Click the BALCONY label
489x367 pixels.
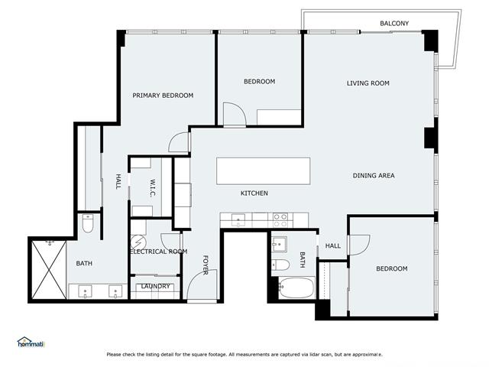394,24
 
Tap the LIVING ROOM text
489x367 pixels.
368,83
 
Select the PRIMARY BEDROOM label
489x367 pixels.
163,96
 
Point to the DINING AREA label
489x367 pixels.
374,176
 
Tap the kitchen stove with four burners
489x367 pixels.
280,220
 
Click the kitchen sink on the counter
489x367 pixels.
239,221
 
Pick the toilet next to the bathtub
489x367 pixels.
280,265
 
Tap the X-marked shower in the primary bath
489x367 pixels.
48,268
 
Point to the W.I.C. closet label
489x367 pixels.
153,187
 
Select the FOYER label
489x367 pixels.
206,265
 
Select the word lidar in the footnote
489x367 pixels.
317,355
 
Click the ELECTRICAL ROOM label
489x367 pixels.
159,252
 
